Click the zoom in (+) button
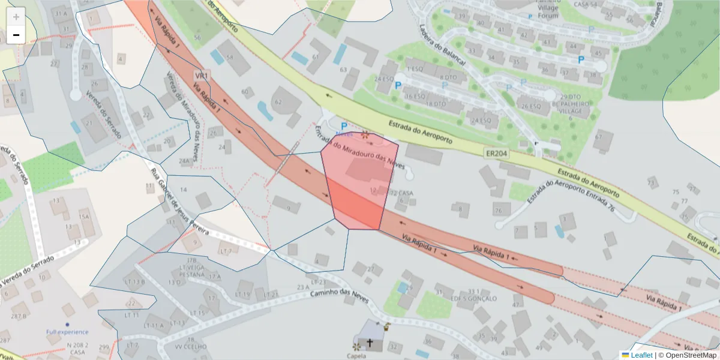16,17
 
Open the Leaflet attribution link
637,355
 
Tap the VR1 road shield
202,76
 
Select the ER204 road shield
496,154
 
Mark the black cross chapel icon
370,344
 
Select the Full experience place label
67,332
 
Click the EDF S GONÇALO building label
475,298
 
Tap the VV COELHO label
186,347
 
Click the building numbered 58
230,58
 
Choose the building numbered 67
598,137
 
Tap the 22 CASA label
401,193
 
